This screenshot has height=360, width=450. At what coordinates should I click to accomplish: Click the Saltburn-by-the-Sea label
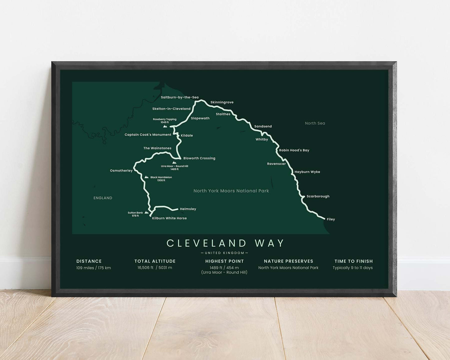(x=180, y=97)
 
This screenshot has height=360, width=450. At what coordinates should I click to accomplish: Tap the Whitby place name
(x=262, y=140)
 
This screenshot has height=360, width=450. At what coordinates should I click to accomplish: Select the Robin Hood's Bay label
(x=294, y=150)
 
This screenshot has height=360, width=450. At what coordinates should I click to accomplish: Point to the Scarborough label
(x=318, y=197)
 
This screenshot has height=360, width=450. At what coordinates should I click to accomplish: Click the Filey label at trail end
(x=331, y=220)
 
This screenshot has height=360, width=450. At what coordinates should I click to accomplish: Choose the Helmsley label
(x=188, y=209)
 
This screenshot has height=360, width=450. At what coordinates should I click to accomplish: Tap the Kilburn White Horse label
(x=169, y=218)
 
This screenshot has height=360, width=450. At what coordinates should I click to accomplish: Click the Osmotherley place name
(x=121, y=171)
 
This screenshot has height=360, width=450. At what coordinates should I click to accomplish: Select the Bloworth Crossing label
(x=199, y=158)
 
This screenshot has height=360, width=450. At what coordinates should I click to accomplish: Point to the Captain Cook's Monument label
(x=148, y=135)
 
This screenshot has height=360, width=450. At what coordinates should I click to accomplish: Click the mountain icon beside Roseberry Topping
(x=165, y=126)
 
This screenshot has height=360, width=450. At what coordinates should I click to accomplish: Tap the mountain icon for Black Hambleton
(x=146, y=177)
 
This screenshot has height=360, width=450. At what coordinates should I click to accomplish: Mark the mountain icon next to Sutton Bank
(x=146, y=213)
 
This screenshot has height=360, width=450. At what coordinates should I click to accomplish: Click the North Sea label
(x=315, y=123)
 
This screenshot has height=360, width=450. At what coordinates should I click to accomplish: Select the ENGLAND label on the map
(x=103, y=198)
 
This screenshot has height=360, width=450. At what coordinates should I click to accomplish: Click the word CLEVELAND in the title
(x=207, y=243)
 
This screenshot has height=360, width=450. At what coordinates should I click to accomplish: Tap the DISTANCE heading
(x=89, y=261)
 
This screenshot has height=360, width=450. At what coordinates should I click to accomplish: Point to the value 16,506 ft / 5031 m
(x=155, y=268)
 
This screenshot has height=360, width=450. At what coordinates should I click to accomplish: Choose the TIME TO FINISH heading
(x=353, y=261)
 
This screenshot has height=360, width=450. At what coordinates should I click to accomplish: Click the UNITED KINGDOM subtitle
(x=225, y=253)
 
